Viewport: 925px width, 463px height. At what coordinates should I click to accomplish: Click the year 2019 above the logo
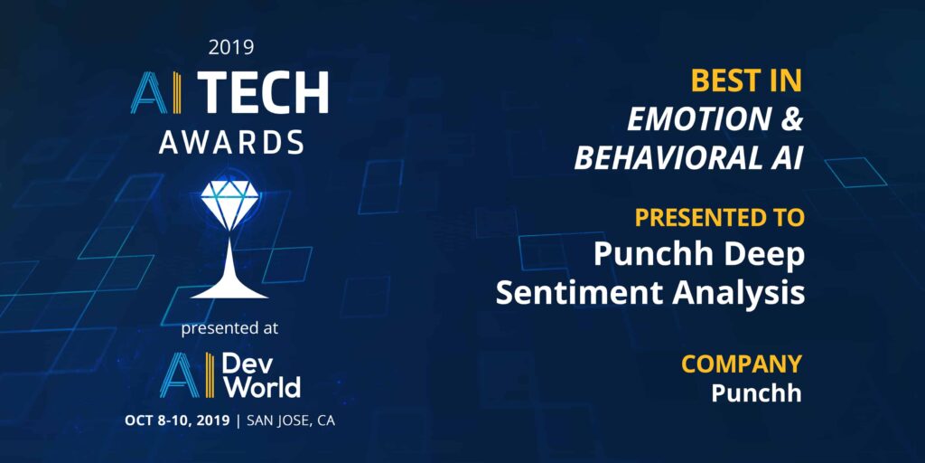click(x=231, y=47)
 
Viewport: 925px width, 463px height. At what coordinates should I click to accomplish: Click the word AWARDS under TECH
click(x=231, y=142)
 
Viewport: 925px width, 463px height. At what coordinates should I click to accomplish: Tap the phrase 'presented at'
click(x=229, y=329)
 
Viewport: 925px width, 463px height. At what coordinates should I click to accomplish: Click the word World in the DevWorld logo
click(x=261, y=387)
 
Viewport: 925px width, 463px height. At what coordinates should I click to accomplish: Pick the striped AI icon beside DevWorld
click(x=187, y=375)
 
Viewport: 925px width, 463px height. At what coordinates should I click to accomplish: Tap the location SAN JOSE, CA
click(x=291, y=421)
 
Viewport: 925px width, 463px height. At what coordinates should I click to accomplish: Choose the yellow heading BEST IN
click(x=746, y=81)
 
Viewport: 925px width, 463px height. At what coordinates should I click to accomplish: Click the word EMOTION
click(x=699, y=120)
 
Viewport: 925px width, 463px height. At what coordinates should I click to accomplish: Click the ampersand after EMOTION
click(x=791, y=120)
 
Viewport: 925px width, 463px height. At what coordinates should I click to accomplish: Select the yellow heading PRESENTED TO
click(x=719, y=217)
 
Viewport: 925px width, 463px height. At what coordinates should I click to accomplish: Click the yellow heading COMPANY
click(x=742, y=364)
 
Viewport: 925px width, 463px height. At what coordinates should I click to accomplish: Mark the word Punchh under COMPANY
click(x=756, y=393)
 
